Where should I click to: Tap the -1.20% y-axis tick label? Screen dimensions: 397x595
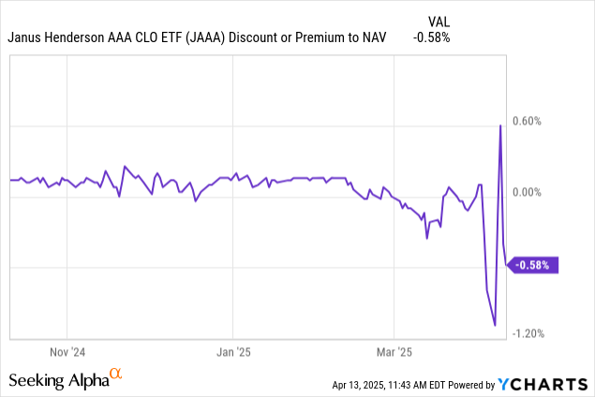pos(530,334)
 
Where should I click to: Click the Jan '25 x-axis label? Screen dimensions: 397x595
pos(232,353)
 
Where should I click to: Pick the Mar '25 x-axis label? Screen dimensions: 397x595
pos(394,353)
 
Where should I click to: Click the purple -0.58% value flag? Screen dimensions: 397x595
pos(534,265)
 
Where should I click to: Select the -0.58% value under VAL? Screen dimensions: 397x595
pos(431,38)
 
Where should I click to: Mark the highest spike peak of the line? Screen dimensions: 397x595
pos(500,125)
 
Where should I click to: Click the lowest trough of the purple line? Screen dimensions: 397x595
pos(495,326)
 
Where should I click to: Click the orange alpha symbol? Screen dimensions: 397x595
pos(116,375)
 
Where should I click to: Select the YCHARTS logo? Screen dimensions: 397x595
pos(543,384)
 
